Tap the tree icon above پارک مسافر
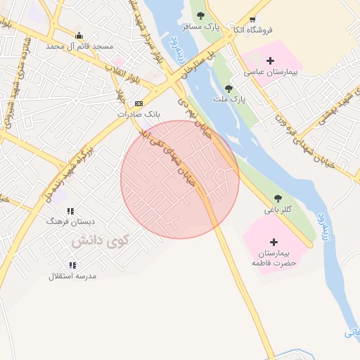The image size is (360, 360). [201, 15]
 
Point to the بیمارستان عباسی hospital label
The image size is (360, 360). [271, 72]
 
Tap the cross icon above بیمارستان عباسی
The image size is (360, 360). [271, 61]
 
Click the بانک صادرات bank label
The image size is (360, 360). [139, 113]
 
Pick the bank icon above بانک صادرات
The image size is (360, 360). [139, 103]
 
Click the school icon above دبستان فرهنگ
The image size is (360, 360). [70, 210]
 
